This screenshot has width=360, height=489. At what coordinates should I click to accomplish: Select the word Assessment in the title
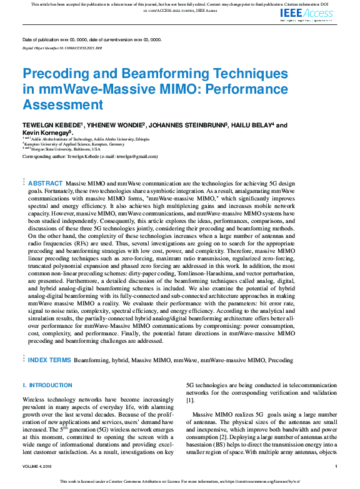click(x=62, y=104)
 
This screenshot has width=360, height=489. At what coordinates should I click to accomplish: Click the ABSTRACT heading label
click(x=44, y=183)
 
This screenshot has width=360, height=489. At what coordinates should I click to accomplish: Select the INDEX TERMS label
click(x=49, y=360)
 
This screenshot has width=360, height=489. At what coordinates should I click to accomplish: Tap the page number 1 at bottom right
click(x=336, y=466)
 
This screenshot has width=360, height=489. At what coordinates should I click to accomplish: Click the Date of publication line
click(x=92, y=39)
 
